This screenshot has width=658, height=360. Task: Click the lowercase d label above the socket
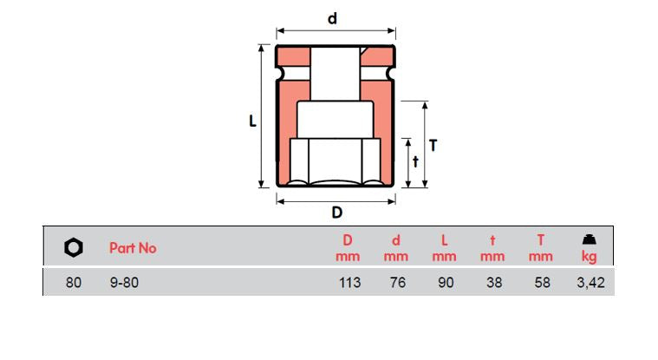[332, 18]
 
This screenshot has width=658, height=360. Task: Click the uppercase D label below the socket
[336, 213]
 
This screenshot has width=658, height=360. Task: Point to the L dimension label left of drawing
[252, 122]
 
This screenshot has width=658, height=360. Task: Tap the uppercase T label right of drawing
[433, 146]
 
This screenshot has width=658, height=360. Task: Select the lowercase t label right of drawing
[415, 161]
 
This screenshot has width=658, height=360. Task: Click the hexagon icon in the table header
[74, 248]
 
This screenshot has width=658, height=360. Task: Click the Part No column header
[133, 248]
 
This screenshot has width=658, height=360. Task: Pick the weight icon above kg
[589, 239]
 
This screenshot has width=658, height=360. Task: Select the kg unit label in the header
[590, 257]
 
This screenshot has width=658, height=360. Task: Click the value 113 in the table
[349, 283]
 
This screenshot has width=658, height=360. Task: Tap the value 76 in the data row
[396, 283]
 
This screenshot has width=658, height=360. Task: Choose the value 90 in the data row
[445, 283]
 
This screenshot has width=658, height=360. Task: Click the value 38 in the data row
[493, 283]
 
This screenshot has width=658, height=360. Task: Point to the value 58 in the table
[542, 283]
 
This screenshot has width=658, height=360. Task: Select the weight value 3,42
[590, 283]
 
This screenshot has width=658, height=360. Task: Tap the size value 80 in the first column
[74, 283]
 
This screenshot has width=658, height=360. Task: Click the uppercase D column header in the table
[348, 240]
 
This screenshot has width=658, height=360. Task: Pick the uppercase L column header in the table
[445, 240]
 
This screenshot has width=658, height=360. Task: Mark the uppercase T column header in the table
[541, 240]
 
